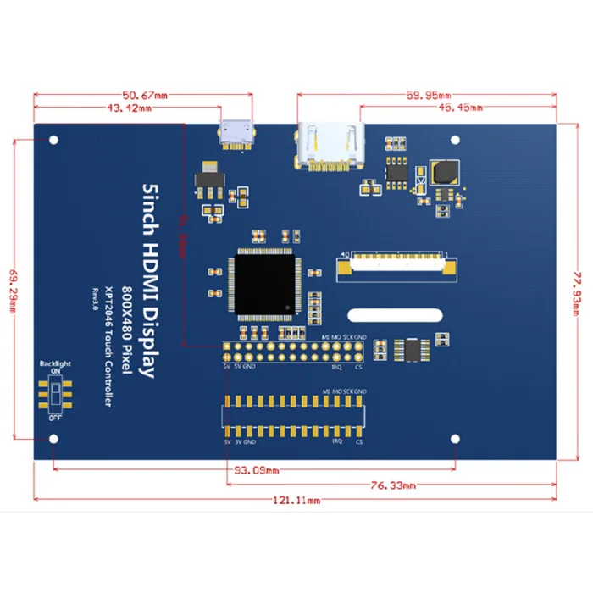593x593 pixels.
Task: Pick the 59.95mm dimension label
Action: point(430,95)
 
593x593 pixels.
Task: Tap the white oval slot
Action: point(396,315)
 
